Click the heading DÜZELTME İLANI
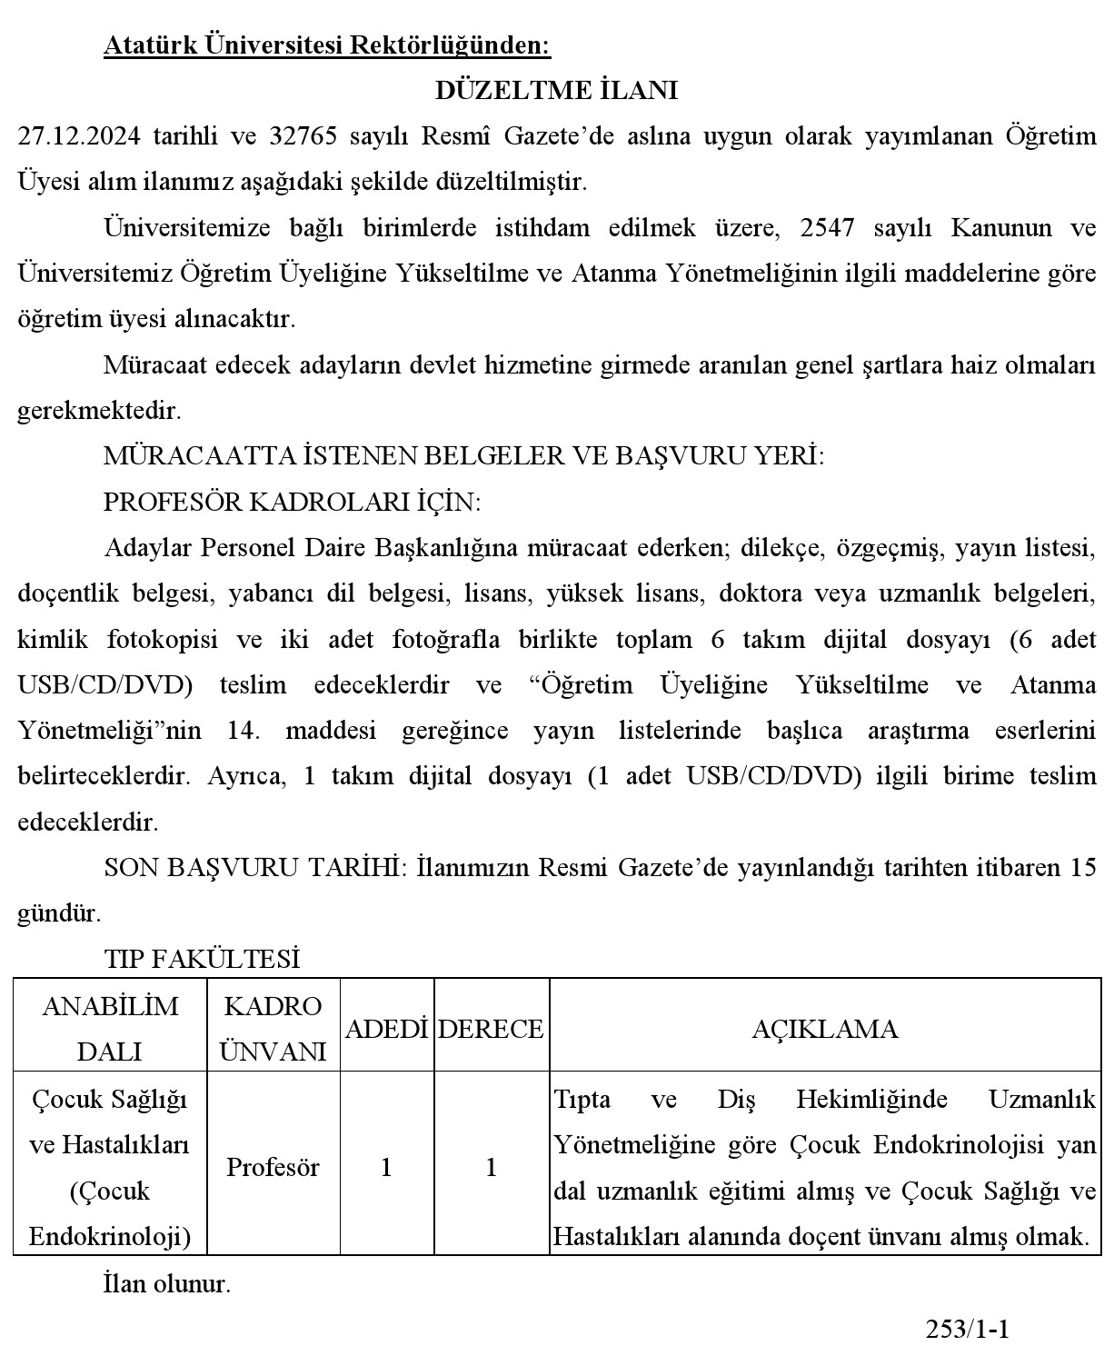(x=556, y=91)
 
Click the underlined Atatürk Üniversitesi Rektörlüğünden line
(x=327, y=45)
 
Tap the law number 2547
(x=828, y=227)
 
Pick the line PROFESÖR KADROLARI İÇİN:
(x=293, y=502)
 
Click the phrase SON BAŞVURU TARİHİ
(x=254, y=867)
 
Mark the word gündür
(x=57, y=912)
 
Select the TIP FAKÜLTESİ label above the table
(x=202, y=959)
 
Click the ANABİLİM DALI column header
(x=110, y=1029)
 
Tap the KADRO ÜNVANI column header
(x=273, y=1029)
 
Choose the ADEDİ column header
(x=386, y=1029)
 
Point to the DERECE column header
(x=491, y=1029)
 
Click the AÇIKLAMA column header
(x=824, y=1029)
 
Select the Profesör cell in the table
(x=273, y=1167)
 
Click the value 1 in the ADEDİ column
(x=386, y=1167)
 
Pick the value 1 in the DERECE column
(x=491, y=1167)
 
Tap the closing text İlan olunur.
(x=167, y=1284)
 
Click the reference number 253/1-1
(x=968, y=1330)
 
